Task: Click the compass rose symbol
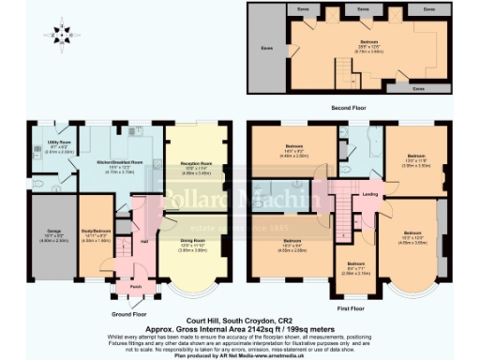[x=61, y=35]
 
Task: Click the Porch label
[x=136, y=286]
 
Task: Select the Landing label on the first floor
[x=370, y=195]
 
